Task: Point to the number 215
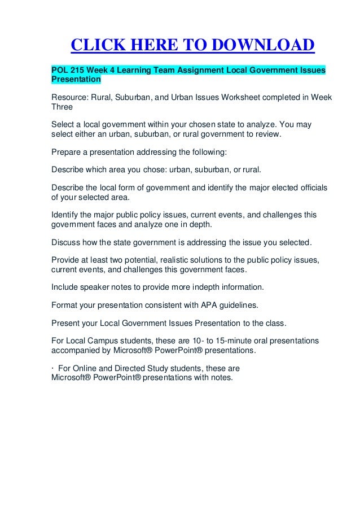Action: click(81, 71)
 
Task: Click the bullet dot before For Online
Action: click(52, 369)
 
